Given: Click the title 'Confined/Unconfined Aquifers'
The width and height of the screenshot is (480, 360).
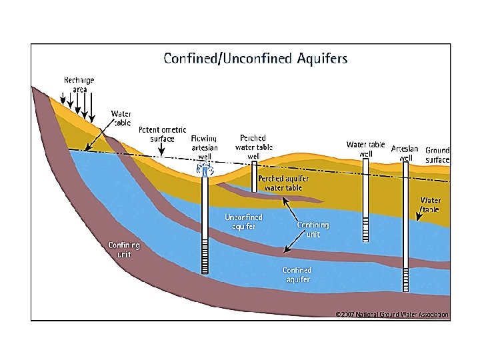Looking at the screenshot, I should [x=255, y=59].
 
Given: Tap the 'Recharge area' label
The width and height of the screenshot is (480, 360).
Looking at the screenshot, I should [x=79, y=85].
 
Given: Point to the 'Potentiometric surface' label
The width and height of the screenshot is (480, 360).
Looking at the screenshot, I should [x=162, y=134].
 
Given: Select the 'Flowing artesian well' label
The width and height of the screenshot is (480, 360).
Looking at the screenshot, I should [x=205, y=147].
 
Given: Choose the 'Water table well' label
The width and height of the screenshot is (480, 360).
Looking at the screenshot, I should [x=365, y=149].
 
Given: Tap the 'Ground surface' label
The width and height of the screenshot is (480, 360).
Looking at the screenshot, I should [x=437, y=155].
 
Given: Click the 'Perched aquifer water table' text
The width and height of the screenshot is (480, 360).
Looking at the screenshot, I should [x=284, y=183].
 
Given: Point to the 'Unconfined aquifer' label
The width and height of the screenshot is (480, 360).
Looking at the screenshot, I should [x=243, y=222].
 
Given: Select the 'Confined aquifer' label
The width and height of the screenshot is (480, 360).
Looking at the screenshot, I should [x=297, y=275].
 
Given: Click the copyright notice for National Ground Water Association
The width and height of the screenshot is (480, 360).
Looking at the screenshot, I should [x=391, y=314].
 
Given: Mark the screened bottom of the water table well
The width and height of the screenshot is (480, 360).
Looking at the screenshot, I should [x=365, y=229].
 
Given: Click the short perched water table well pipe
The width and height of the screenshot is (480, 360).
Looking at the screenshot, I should [x=253, y=177].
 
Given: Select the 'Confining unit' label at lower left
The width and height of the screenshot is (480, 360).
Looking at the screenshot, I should [x=124, y=249].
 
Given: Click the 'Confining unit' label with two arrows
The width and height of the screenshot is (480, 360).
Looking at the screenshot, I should [x=313, y=229].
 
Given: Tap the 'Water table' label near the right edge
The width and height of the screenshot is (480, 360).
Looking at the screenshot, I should [x=431, y=204].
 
